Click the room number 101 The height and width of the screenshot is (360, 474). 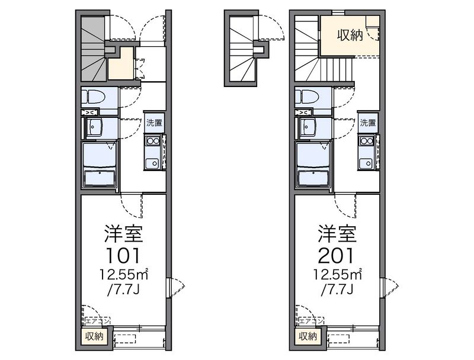pyautogui.click(x=123, y=255)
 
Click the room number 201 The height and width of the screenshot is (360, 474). pyautogui.click(x=337, y=255)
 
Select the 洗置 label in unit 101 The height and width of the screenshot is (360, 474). pyautogui.click(x=153, y=123)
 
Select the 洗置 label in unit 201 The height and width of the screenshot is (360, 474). pyautogui.click(x=367, y=123)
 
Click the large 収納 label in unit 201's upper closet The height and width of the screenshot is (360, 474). pyautogui.click(x=350, y=36)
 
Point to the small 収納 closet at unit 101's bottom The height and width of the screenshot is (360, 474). pyautogui.click(x=94, y=337)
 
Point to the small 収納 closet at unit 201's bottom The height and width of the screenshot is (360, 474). pyautogui.click(x=308, y=337)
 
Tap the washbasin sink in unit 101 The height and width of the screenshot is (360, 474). pyautogui.click(x=94, y=126)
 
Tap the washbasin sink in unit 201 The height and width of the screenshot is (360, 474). pyautogui.click(x=308, y=126)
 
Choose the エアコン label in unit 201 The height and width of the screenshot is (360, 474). pyautogui.click(x=311, y=321)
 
